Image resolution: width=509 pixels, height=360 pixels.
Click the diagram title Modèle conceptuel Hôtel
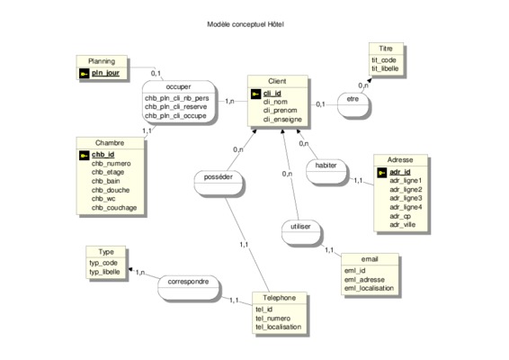[x=246, y=24]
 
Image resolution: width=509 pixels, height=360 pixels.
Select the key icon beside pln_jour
[x=84, y=74]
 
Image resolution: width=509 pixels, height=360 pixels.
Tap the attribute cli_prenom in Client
[x=280, y=111]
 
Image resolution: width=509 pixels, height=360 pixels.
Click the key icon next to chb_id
[x=84, y=156]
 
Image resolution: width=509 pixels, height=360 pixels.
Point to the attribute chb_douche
[x=111, y=190]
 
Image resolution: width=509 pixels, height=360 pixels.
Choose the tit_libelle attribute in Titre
[x=385, y=68]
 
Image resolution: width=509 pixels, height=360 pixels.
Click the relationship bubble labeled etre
[x=353, y=105]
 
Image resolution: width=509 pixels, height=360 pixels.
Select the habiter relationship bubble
[x=326, y=172]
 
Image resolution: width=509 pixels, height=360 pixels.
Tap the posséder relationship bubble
[x=219, y=183]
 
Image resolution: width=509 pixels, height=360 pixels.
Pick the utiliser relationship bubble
[x=300, y=232]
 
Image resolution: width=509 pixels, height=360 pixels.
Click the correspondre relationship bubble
[x=188, y=287]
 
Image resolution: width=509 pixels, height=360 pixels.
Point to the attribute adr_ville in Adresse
[x=403, y=225]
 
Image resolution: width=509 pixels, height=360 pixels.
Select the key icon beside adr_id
[x=381, y=173]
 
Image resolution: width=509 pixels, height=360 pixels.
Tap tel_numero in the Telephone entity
[x=272, y=319]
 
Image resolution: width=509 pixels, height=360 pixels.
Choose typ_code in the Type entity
[x=103, y=263]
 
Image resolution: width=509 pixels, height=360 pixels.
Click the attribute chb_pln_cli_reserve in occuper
[x=175, y=107]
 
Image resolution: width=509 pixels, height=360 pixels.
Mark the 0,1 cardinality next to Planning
[x=156, y=74]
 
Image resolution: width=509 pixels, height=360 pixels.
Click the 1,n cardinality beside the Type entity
[x=140, y=273]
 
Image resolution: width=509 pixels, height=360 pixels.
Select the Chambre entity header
[x=110, y=143]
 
